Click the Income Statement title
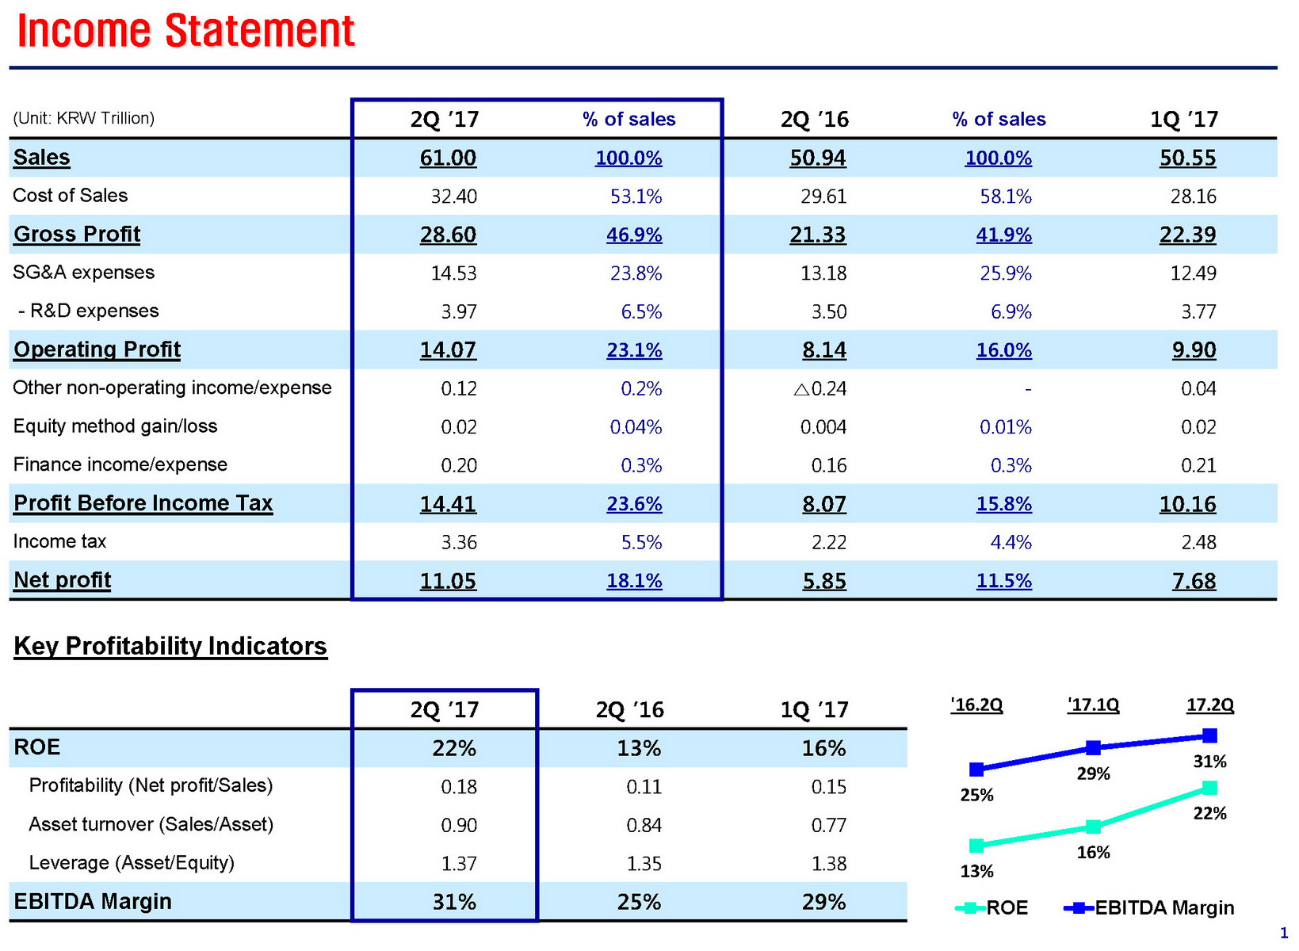click(x=185, y=32)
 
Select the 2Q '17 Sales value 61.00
click(x=448, y=158)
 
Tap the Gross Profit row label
click(x=77, y=235)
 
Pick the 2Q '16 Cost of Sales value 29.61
click(x=823, y=197)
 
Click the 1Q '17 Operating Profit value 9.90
click(x=1194, y=350)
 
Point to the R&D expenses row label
click(x=88, y=311)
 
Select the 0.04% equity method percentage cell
click(x=636, y=427)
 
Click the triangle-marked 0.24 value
click(x=820, y=389)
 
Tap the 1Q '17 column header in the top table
click(x=1184, y=120)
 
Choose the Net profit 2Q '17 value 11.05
click(x=448, y=582)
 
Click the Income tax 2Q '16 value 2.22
click(x=829, y=543)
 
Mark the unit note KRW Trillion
click(x=84, y=119)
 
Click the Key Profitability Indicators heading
click(x=170, y=646)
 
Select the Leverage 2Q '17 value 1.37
click(x=459, y=864)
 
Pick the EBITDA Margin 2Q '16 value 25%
click(x=639, y=903)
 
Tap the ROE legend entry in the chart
click(x=992, y=908)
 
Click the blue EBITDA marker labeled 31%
click(x=1209, y=736)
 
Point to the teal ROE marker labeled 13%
click(x=976, y=846)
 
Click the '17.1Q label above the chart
click(x=1093, y=705)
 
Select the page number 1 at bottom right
click(x=1284, y=934)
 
